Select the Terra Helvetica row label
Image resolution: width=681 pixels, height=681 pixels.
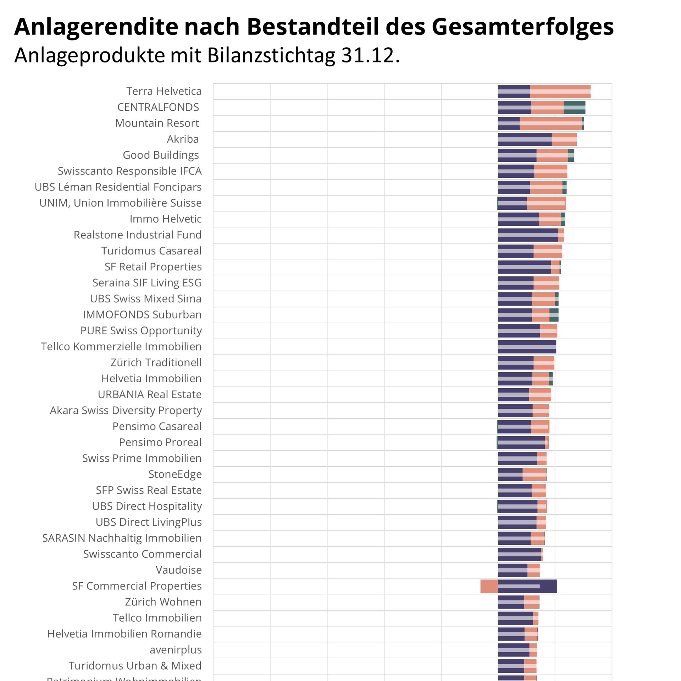pyautogui.click(x=164, y=91)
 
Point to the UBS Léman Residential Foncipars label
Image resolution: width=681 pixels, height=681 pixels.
pyautogui.click(x=118, y=187)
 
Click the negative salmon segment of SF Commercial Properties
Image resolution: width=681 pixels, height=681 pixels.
pyautogui.click(x=489, y=586)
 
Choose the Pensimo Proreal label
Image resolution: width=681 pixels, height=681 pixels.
pyautogui.click(x=160, y=443)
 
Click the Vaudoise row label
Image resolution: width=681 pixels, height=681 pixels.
pyautogui.click(x=178, y=570)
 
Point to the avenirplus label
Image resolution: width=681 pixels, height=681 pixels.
pyautogui.click(x=175, y=650)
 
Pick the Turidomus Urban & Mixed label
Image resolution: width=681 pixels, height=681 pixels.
pyautogui.click(x=135, y=666)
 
